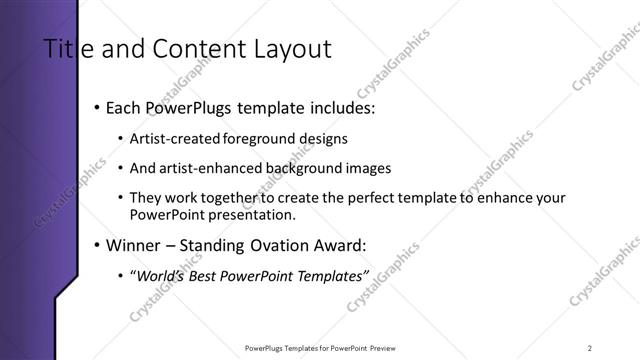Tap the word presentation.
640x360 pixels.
coord(249,214)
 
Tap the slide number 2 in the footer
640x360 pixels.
coord(590,347)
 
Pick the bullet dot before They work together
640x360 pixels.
coord(121,199)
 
